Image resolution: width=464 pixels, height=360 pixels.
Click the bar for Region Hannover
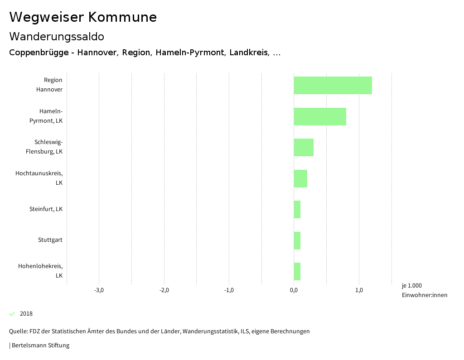coord(333,85)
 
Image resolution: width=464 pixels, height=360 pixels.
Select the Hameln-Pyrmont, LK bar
coord(320,116)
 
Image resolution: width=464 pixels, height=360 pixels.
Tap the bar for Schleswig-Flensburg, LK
coord(304,147)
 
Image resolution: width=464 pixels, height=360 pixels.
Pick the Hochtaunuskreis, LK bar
coord(300,178)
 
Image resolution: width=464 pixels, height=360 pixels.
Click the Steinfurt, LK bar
coord(297,209)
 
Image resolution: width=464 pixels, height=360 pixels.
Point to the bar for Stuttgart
coord(297,240)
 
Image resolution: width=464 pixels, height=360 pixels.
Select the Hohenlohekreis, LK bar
coord(297,271)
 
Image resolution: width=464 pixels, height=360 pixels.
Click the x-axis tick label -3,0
coord(99,290)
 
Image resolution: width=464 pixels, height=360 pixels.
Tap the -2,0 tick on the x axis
coord(164,290)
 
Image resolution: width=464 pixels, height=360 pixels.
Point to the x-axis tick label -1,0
coord(229,290)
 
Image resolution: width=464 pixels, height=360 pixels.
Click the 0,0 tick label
coord(294,290)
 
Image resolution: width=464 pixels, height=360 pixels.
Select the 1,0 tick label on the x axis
coord(359,290)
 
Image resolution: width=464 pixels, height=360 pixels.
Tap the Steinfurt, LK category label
coord(46,209)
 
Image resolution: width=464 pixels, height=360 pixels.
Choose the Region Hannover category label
coord(49,85)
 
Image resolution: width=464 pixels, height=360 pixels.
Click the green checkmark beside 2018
coord(12,314)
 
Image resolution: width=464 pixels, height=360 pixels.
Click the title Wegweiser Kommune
coord(83,17)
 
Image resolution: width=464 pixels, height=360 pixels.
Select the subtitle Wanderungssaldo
coord(57,36)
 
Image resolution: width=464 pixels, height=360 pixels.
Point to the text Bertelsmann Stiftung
coord(40,346)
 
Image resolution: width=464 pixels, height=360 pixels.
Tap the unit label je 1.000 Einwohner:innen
coord(424,290)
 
